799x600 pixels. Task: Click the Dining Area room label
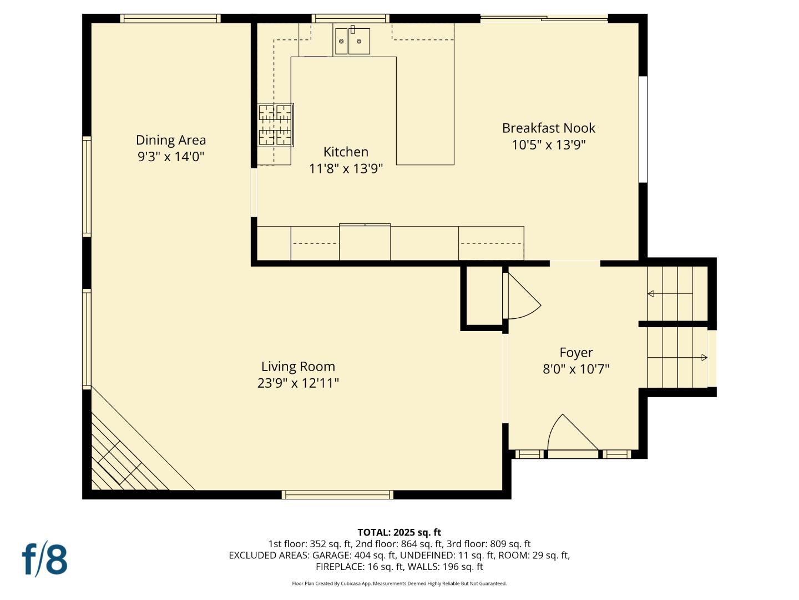(170, 140)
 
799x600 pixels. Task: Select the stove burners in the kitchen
(275, 125)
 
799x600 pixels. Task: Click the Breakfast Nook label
(548, 128)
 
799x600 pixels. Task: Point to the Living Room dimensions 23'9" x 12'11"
(298, 383)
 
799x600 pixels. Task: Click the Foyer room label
(576, 353)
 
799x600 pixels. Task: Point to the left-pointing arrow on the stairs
(651, 293)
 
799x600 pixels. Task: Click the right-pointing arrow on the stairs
(704, 357)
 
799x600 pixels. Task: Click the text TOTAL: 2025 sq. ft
(399, 532)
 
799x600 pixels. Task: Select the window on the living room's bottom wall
(337, 494)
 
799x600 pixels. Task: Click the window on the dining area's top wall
(170, 18)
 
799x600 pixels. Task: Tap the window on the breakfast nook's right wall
(643, 129)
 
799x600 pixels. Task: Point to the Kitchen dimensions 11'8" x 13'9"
(346, 169)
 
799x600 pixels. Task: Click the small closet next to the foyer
(483, 297)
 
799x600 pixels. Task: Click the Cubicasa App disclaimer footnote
(399, 583)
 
